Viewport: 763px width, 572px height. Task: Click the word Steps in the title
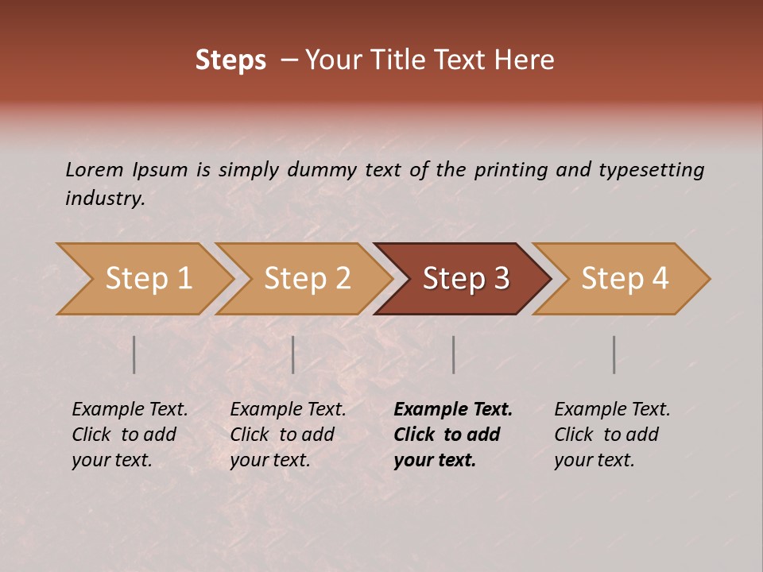pos(230,60)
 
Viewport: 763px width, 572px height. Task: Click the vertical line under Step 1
pos(134,354)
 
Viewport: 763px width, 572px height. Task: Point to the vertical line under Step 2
pos(293,354)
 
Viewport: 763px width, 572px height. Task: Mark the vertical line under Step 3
pos(454,354)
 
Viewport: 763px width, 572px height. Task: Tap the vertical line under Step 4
pos(614,354)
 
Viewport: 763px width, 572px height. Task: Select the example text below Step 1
pos(130,435)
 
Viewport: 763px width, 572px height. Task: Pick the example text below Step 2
pos(288,435)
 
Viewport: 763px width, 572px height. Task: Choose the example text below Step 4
pos(612,435)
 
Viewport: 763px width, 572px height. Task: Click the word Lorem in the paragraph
pos(95,169)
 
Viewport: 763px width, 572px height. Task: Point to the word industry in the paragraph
pos(105,199)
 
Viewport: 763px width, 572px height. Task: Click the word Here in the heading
pos(527,60)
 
